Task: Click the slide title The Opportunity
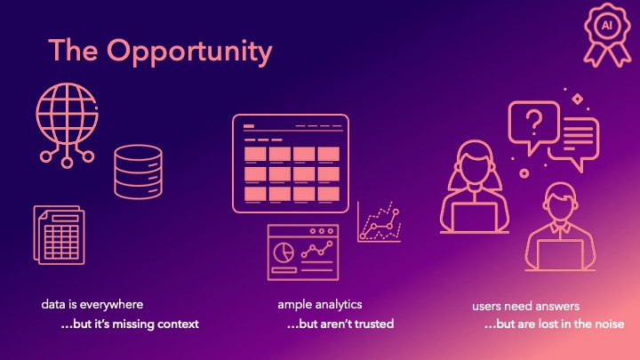coord(160,51)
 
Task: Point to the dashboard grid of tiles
coord(291,163)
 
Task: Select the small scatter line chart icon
coord(380,222)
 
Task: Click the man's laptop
coord(559,254)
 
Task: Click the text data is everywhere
coord(92,304)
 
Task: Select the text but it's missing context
coord(130,324)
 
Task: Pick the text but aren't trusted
coord(340,324)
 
